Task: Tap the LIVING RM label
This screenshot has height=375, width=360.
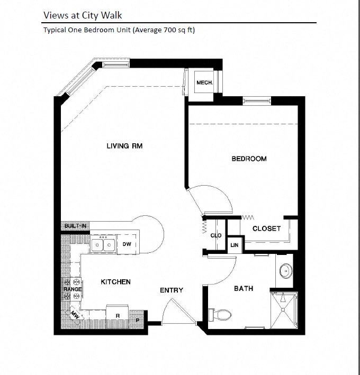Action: [125, 146]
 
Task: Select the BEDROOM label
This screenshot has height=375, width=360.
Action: [249, 159]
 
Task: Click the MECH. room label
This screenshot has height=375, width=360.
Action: [204, 83]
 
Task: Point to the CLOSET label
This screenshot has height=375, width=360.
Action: [266, 228]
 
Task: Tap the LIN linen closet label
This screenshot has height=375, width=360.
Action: [233, 245]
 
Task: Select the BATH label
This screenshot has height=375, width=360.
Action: [244, 288]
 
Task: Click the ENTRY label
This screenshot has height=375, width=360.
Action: [172, 290]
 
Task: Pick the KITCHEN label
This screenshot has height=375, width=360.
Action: [115, 282]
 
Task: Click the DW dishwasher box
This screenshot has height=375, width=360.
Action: [127, 244]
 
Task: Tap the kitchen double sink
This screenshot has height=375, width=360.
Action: [104, 245]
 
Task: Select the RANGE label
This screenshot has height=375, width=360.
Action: [73, 289]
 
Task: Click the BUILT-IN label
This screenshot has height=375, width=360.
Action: [76, 226]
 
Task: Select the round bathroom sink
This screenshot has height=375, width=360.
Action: [285, 271]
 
